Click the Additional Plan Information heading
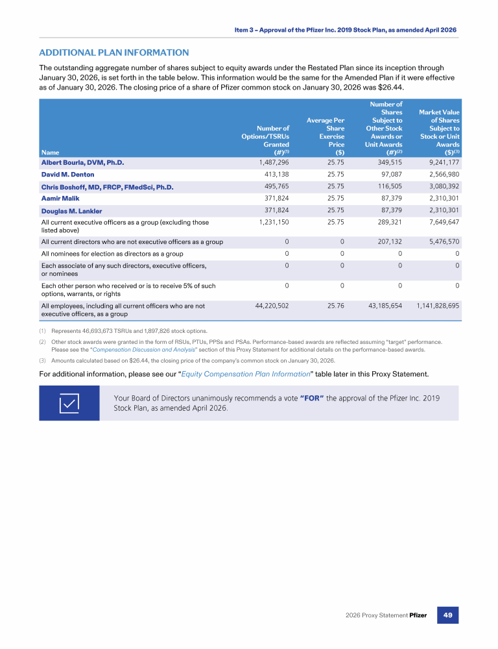114,53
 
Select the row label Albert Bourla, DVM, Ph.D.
82,162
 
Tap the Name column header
49,153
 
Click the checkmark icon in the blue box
69,403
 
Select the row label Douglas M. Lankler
71,211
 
